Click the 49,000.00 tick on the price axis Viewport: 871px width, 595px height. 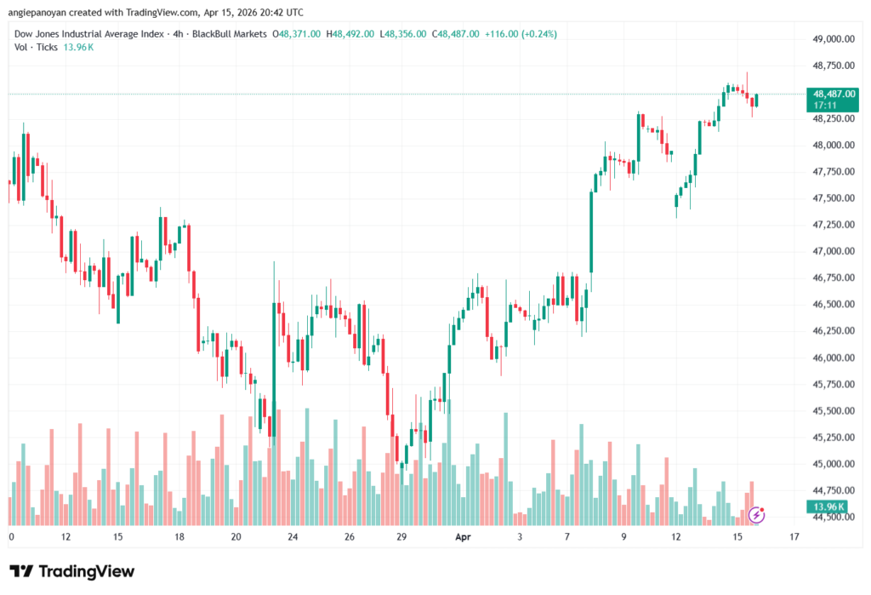833,38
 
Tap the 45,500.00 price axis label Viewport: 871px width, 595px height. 833,411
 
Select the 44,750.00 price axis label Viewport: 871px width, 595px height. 833,491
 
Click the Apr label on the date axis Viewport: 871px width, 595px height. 463,537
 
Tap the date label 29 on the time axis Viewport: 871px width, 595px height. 402,537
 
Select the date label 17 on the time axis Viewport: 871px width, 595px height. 794,537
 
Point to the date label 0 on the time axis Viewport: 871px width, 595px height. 11,537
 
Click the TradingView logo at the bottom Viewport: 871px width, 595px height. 72,571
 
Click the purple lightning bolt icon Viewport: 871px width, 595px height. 755,514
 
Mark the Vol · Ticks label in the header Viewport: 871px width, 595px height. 37,47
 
